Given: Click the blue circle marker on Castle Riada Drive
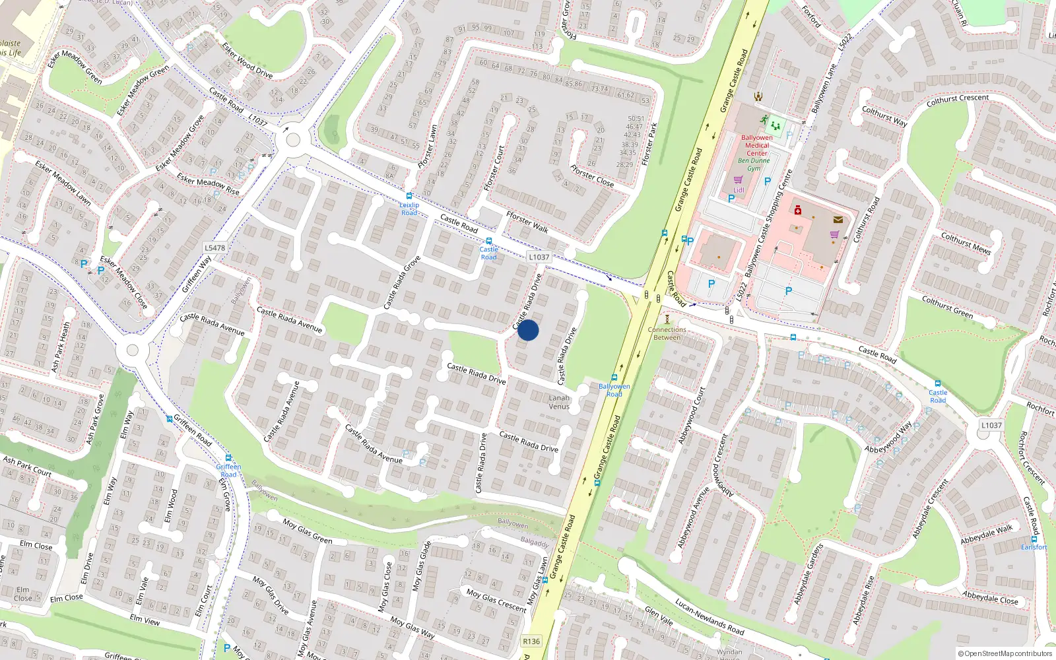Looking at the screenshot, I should click(x=528, y=330).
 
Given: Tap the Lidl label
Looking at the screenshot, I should click(x=739, y=190).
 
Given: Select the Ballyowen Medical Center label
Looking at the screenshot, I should click(x=757, y=145).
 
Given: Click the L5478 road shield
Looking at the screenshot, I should click(x=214, y=248).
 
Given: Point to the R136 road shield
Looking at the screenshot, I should click(x=531, y=641).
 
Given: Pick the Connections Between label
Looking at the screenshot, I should click(x=667, y=333).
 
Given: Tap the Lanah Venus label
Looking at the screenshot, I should click(x=559, y=402).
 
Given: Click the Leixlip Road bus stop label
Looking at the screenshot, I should click(x=409, y=209).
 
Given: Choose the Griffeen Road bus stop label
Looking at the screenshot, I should click(x=228, y=471).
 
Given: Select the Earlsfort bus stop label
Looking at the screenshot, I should click(x=1034, y=547).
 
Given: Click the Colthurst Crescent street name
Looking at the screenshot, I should click(x=958, y=100).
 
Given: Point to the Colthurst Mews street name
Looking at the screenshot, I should click(x=966, y=243).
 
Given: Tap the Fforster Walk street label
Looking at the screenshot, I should click(x=527, y=222).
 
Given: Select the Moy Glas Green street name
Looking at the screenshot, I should click(x=308, y=531).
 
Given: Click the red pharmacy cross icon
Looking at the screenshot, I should click(x=797, y=210).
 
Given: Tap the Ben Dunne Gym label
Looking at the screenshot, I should click(x=753, y=164).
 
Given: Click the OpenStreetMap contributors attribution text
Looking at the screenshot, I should click(x=1005, y=653).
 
